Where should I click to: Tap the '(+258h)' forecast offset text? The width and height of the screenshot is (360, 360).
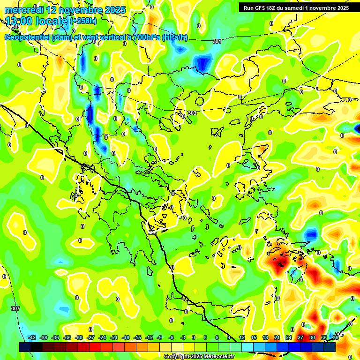pos(83,21)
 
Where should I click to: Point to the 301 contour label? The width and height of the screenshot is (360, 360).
pos(217,41)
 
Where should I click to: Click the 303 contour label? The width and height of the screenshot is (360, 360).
pos(192,113)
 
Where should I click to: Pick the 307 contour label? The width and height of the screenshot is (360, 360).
pos(15,308)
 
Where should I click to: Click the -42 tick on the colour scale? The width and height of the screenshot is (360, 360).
pos(32,337)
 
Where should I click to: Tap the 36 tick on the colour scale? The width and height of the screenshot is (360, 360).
pos(336,337)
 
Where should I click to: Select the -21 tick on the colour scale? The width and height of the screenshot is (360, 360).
pos(114,337)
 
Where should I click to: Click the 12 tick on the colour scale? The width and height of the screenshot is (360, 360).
pos(242,337)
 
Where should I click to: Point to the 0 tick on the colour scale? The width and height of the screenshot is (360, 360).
pos(194,337)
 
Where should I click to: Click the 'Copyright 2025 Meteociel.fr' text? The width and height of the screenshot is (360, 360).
pos(199,356)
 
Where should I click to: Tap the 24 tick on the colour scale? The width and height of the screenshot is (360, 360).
pos(289,337)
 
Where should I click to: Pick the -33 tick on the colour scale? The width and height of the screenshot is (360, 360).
pos(67,337)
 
